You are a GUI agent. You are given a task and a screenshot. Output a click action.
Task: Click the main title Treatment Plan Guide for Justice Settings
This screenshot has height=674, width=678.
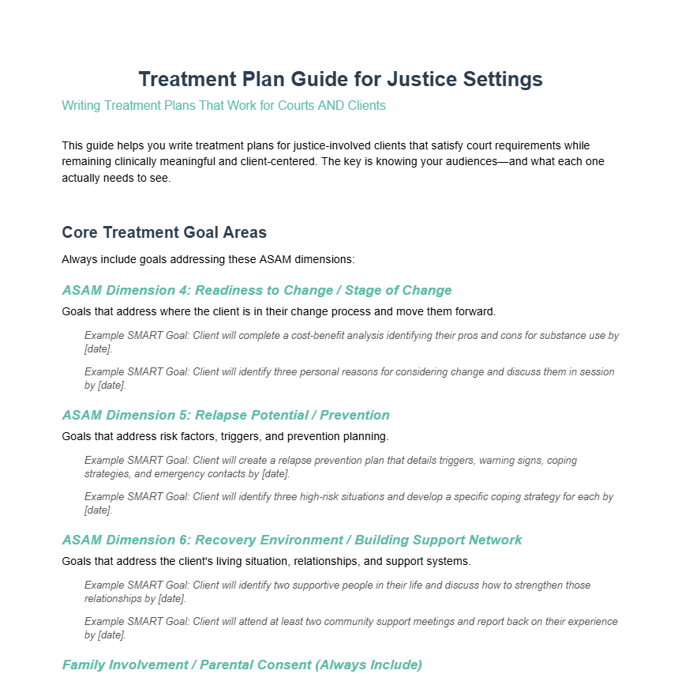(x=340, y=79)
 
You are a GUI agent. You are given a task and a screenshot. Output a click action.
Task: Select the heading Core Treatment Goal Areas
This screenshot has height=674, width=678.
(x=164, y=232)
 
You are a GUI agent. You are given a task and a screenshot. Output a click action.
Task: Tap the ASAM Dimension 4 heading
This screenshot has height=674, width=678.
(x=257, y=290)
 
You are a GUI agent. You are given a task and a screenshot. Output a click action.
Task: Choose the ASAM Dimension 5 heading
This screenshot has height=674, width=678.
(x=226, y=415)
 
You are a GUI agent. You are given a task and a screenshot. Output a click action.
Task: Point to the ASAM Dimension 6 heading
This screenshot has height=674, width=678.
(x=292, y=540)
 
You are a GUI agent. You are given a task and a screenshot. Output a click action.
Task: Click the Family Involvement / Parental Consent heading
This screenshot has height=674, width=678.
(x=242, y=665)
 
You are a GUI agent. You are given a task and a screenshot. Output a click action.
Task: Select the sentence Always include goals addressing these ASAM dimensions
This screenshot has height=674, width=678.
(x=208, y=259)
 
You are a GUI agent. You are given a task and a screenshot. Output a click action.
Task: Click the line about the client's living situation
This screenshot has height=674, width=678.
(x=266, y=561)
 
